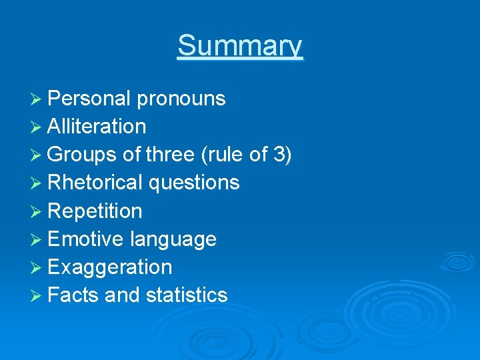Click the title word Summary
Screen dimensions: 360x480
point(240,46)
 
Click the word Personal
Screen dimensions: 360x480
point(89,99)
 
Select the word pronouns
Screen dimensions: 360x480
point(181,99)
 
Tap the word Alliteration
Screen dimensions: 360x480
point(97,127)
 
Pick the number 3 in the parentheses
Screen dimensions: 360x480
point(280,155)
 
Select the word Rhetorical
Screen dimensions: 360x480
point(96,183)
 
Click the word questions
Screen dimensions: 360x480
point(194,183)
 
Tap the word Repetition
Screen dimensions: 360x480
point(95,211)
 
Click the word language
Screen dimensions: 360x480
point(173,239)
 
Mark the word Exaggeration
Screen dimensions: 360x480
point(110,267)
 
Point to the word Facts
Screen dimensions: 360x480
point(74,295)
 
